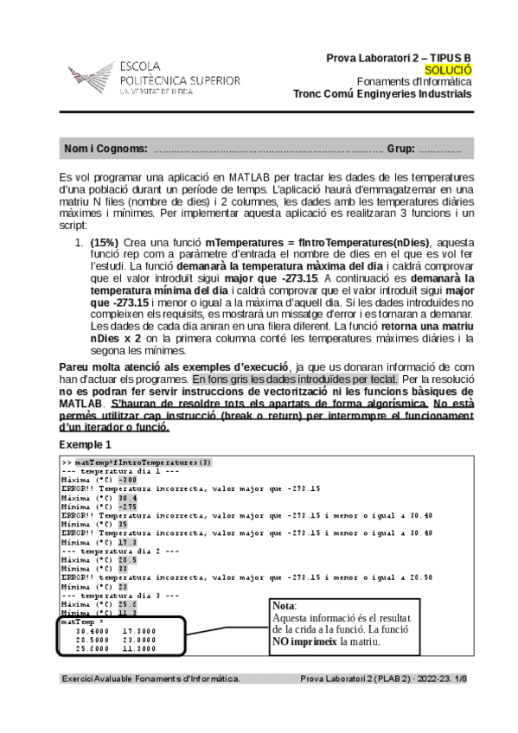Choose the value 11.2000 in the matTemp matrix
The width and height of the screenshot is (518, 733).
tap(138, 647)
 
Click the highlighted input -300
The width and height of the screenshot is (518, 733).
tap(127, 480)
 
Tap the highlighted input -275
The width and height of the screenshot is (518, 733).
tap(127, 507)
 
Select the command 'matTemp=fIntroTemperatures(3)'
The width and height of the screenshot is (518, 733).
tap(143, 462)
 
